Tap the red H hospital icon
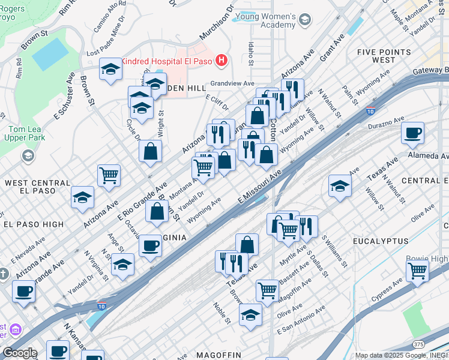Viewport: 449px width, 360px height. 222,61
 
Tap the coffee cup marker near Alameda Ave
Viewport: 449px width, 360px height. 412,133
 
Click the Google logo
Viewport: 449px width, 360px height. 19,353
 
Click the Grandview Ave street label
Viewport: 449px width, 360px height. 232,83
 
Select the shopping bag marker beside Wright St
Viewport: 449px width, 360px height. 150,151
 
